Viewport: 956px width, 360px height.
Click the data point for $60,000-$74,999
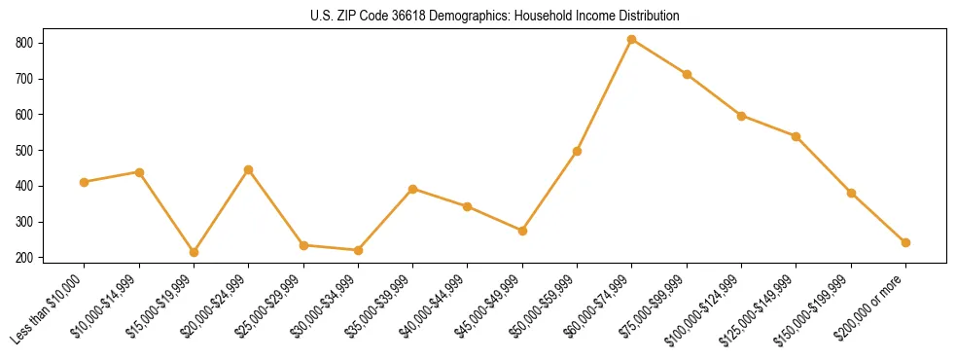coord(632,40)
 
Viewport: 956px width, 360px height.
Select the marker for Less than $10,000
coord(85,182)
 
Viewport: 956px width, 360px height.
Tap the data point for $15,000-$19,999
coord(194,252)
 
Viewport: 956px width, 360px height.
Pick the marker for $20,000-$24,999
coord(249,169)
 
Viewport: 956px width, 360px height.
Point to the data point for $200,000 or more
coord(906,242)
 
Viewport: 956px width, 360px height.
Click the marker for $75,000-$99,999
coord(687,74)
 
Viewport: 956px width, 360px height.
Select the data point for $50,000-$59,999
coord(578,151)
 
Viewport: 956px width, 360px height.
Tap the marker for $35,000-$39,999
coord(413,189)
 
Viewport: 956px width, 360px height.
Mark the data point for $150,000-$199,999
coord(851,193)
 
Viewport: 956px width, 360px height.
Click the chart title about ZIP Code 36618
coord(478,16)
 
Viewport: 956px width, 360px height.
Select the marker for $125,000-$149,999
coord(797,136)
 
